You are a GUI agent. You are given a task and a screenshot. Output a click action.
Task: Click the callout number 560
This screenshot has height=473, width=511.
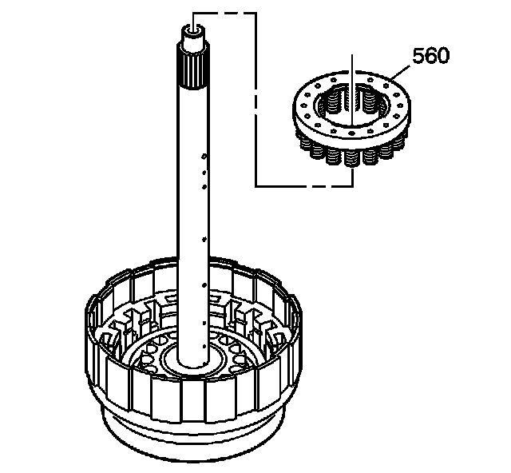(x=430, y=56)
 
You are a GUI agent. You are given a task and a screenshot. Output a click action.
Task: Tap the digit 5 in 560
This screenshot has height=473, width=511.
(x=418, y=56)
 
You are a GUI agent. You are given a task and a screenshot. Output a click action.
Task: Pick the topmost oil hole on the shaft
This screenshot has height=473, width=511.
(x=205, y=157)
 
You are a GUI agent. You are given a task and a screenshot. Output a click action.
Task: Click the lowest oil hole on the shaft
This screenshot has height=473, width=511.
(x=207, y=347)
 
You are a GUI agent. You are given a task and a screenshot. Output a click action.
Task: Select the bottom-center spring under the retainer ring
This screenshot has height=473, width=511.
(x=351, y=155)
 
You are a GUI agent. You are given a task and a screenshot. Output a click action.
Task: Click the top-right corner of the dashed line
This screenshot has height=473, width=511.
(x=255, y=13)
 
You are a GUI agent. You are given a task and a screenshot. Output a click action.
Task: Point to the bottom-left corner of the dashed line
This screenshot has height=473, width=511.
(x=255, y=185)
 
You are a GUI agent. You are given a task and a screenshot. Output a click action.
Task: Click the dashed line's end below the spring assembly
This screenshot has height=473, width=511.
(x=351, y=182)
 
